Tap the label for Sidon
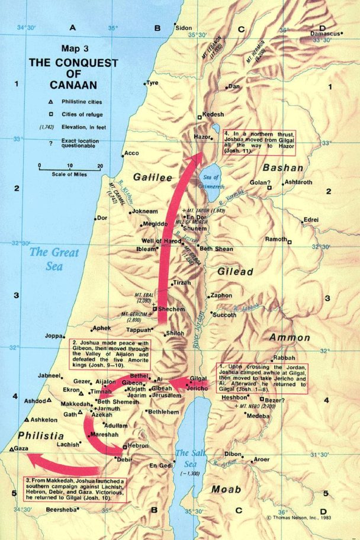click(x=185, y=28)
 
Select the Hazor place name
click(x=202, y=137)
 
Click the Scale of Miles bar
click(x=70, y=168)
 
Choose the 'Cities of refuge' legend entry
click(x=75, y=114)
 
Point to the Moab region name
click(x=226, y=489)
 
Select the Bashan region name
click(x=282, y=168)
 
